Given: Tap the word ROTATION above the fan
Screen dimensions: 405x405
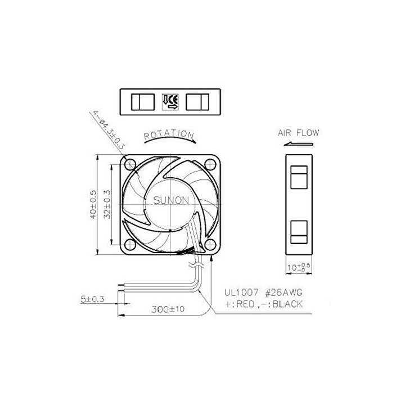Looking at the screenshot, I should tap(169, 135).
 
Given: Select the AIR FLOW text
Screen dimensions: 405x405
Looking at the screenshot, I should tap(298, 133).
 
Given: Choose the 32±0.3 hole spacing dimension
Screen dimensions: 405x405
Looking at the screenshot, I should tap(106, 204).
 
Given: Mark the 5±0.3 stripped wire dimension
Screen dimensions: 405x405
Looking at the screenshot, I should tap(92, 300).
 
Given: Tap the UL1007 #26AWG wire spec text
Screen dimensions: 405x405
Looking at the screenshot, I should tap(259, 292).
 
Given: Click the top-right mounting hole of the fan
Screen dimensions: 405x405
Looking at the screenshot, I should tap(210, 165).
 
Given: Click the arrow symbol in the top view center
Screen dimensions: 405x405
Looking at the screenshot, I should tap(170, 101).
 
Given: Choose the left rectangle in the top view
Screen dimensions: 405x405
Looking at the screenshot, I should tap(143, 102).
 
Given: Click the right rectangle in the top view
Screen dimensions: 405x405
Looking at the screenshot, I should tap(197, 102).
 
